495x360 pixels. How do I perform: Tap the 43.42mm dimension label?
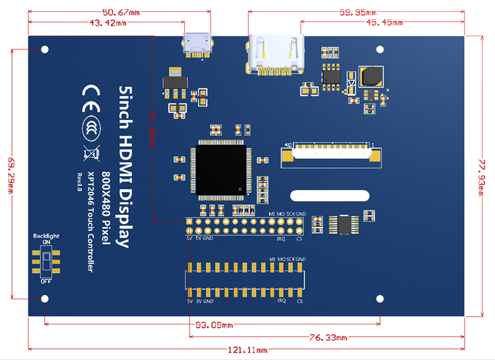pyautogui.click(x=111, y=23)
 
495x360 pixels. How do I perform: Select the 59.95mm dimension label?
pyautogui.click(x=358, y=12)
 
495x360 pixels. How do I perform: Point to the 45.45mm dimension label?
pyautogui.click(x=381, y=23)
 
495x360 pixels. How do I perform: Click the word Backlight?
pyautogui.click(x=46, y=235)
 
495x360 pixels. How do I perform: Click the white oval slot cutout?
pyautogui.click(x=330, y=195)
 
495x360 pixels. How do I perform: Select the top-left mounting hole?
pyautogui.click(x=45, y=49)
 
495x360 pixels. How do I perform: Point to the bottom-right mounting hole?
pyautogui.click(x=380, y=299)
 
